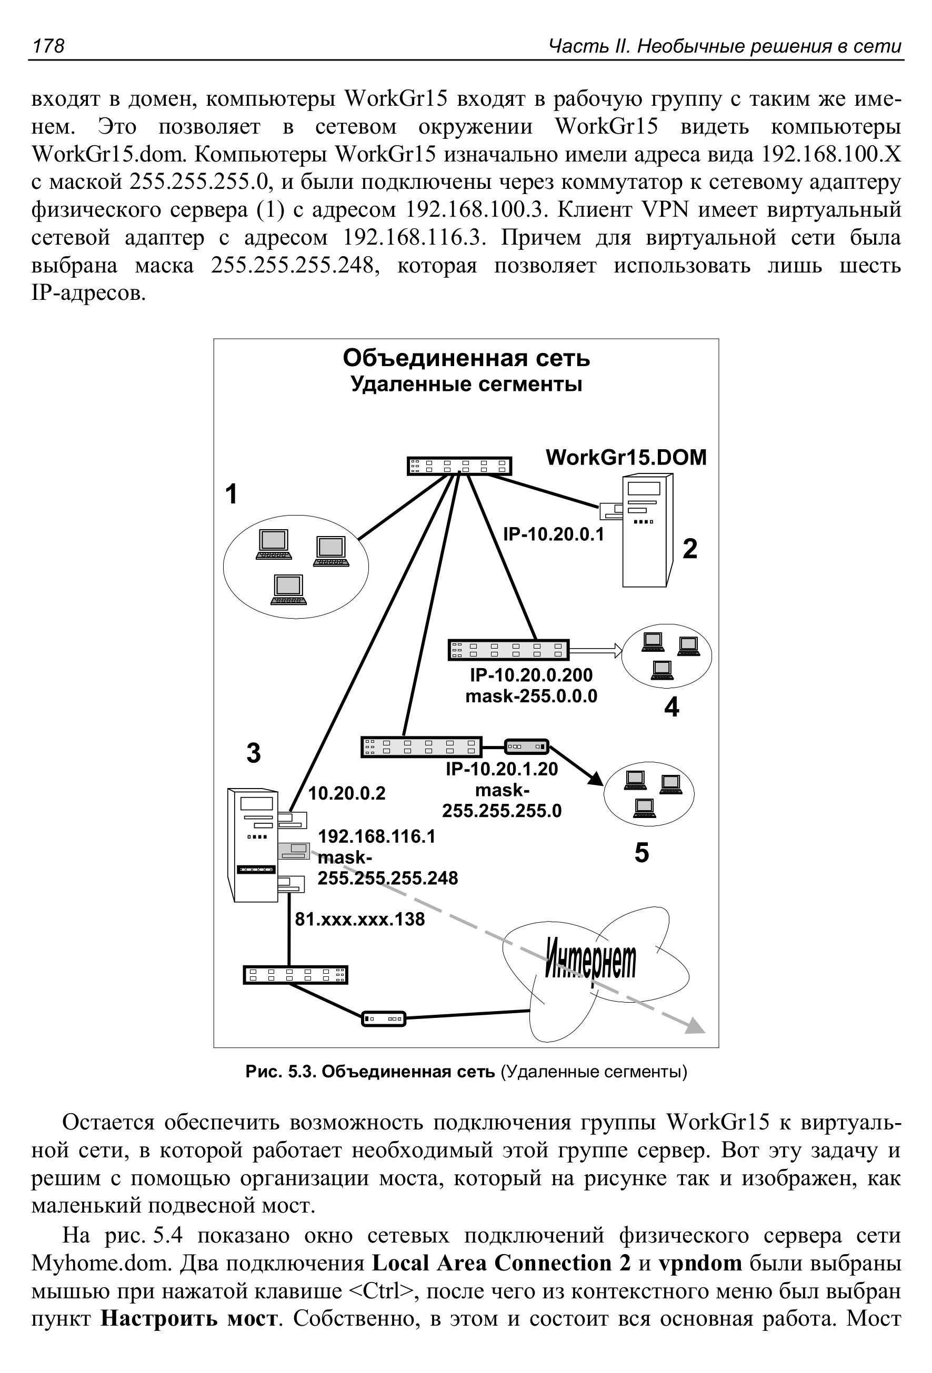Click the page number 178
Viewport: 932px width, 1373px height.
pos(48,45)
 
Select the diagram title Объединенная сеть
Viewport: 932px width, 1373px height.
pos(466,358)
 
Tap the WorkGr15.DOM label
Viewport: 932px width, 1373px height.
pos(626,457)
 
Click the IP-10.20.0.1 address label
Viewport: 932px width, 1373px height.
pos(554,534)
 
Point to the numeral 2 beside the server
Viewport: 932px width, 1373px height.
pos(690,549)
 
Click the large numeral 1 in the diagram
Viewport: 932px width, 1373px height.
pos(232,493)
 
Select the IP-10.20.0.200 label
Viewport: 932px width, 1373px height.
pos(532,675)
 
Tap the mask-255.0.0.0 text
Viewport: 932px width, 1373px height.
pos(532,696)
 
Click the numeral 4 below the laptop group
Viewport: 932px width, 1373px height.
pos(672,707)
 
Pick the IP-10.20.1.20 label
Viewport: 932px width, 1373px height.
pos(502,769)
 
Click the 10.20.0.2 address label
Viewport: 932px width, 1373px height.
pos(347,793)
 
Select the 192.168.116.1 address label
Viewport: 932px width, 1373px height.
pos(376,836)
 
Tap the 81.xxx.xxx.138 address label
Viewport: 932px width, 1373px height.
pos(360,918)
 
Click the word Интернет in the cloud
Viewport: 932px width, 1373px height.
pos(590,960)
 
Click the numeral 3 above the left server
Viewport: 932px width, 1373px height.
pos(254,753)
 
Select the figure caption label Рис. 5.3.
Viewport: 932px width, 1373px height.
pos(282,1072)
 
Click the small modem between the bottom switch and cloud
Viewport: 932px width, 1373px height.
pos(383,1018)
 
